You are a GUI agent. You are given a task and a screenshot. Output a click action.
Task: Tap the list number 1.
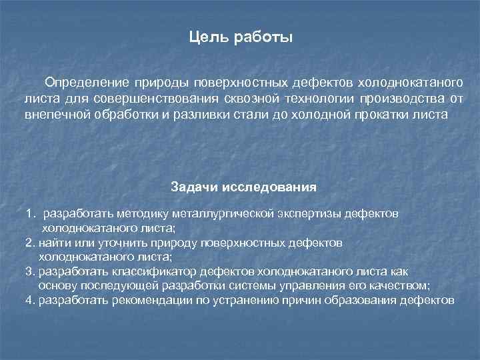30,214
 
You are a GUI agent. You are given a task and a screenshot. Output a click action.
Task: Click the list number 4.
30,300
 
